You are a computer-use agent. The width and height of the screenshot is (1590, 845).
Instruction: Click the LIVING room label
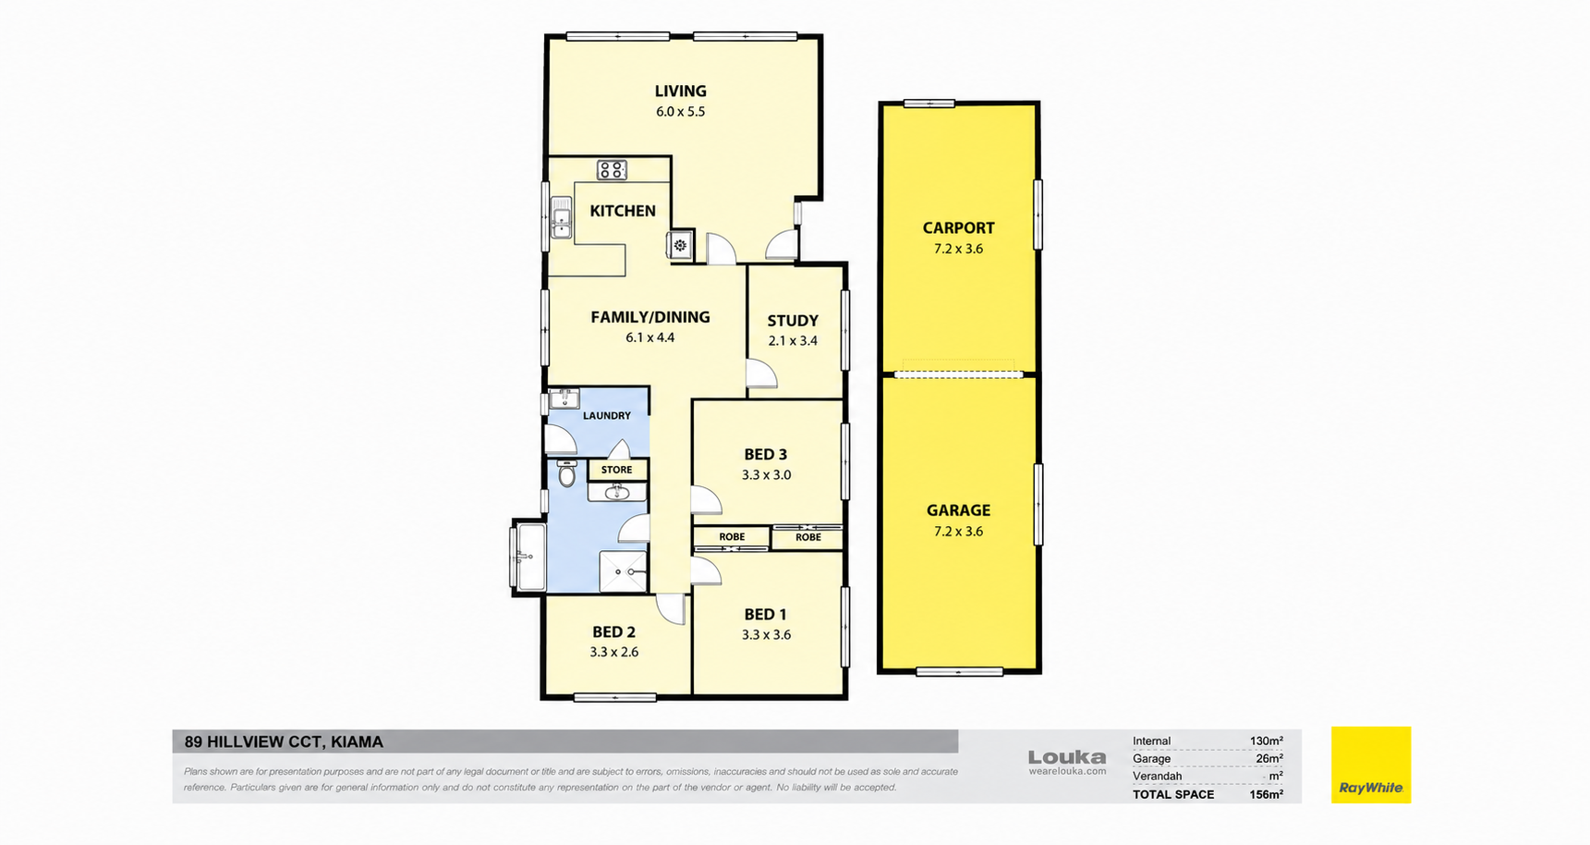(681, 91)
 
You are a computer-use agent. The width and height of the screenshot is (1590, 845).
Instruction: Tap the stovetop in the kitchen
(612, 169)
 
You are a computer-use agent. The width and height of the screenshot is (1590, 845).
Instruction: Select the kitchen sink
(561, 217)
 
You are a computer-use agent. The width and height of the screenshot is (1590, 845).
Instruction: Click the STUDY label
(793, 321)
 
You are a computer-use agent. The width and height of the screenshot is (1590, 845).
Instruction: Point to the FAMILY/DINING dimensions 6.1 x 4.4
(650, 337)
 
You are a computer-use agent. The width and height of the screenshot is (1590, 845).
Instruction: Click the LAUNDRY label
(607, 416)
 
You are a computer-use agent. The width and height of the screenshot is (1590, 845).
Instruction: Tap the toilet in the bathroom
(566, 473)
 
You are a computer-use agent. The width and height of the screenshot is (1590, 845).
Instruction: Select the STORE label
(617, 470)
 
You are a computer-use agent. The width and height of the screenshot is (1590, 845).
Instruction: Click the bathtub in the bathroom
(530, 557)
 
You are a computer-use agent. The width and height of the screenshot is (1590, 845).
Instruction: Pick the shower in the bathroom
(624, 571)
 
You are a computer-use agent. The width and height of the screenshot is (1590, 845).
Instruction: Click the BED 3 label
(766, 455)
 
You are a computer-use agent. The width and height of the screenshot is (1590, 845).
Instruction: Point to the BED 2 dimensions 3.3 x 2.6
(614, 652)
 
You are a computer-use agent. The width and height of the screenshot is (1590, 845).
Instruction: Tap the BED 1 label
(766, 615)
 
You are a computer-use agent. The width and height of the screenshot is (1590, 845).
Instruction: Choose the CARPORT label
(958, 227)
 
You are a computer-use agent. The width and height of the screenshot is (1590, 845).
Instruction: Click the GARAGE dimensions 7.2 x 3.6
(958, 532)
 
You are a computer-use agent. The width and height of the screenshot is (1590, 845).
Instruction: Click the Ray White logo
(1371, 765)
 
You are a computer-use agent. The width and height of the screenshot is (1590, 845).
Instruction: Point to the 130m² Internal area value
(1266, 741)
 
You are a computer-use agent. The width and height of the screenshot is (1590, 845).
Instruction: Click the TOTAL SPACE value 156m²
(1266, 794)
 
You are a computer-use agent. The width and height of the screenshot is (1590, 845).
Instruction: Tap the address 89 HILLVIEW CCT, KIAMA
(284, 741)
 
